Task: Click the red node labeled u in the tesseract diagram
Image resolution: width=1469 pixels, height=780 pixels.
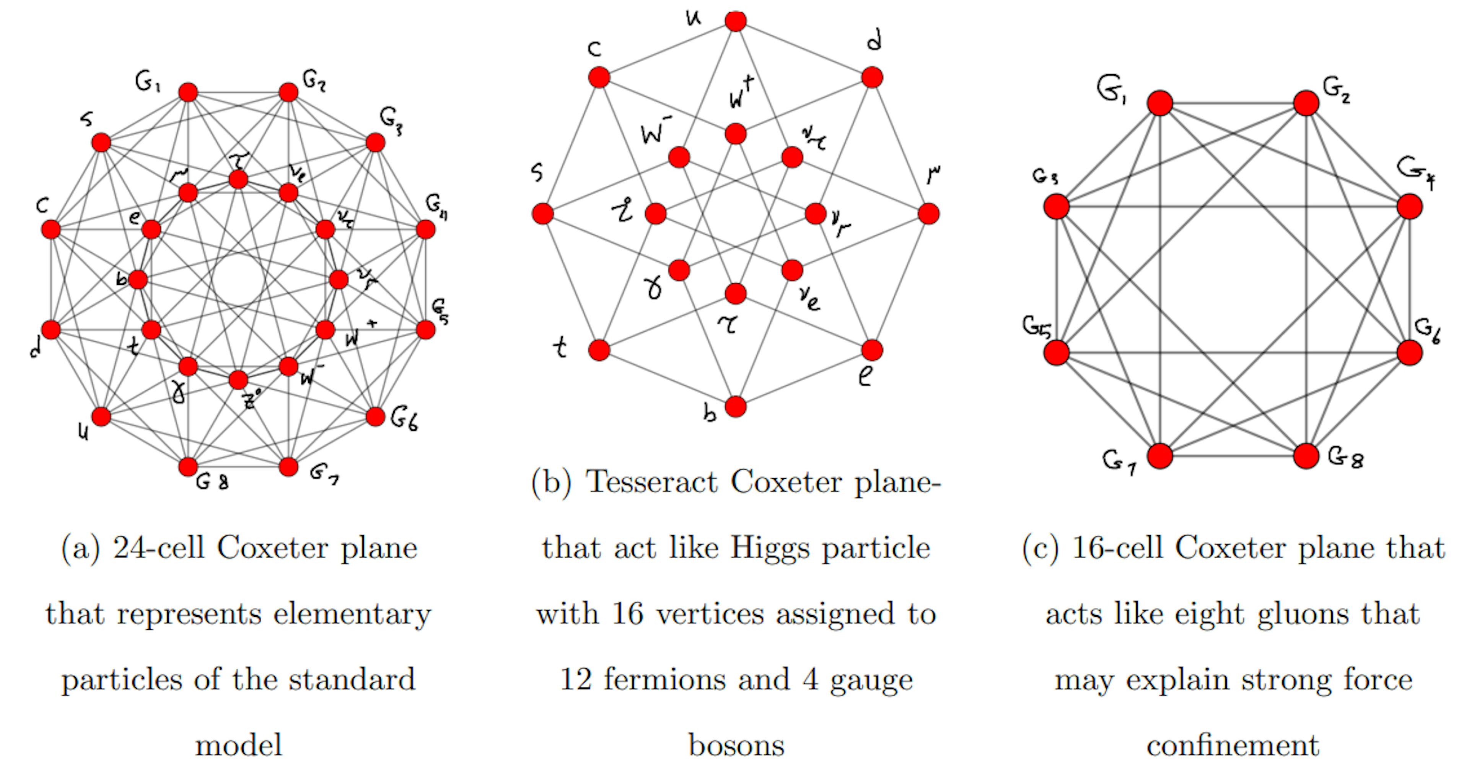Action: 736,21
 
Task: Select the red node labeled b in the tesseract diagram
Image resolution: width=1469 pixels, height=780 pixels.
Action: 736,406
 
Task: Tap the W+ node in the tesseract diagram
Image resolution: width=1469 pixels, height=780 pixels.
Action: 736,134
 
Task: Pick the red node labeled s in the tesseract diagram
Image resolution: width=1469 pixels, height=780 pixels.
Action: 542,214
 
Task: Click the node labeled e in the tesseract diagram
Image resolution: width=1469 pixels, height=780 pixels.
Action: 872,350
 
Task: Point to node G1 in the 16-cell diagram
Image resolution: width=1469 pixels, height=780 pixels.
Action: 1160,104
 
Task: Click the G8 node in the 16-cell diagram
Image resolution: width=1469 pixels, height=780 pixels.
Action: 1306,455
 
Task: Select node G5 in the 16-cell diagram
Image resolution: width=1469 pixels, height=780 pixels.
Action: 1056,353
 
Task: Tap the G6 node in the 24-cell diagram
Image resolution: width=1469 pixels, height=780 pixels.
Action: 375,417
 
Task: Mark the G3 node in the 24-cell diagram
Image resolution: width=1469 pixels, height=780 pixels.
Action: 375,143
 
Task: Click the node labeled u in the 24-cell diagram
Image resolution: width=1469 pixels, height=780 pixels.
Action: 101,417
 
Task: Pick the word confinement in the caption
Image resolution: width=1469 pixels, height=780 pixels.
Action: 1233,746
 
